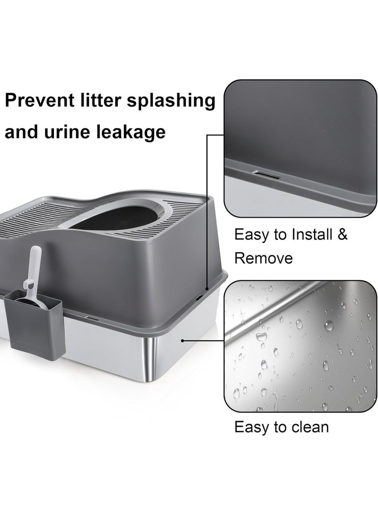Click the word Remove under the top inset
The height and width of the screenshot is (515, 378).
point(264,258)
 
